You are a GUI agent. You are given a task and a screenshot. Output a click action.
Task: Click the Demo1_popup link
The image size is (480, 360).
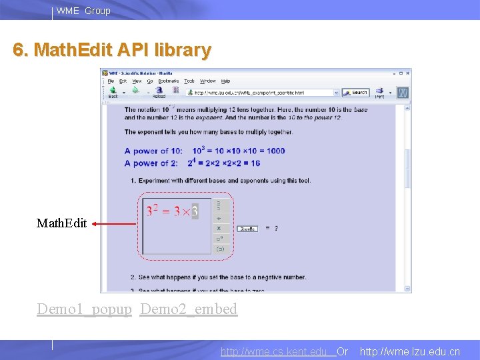point(84,309)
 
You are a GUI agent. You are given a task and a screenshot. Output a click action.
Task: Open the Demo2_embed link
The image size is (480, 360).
point(189,309)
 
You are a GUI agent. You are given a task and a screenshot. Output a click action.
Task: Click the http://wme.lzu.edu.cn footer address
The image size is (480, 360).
point(409,351)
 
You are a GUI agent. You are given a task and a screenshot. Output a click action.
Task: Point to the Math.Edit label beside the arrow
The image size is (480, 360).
point(61,224)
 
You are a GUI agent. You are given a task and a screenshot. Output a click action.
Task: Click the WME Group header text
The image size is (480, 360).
point(83,11)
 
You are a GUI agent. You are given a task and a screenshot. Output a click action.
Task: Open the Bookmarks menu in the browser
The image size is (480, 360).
point(169,81)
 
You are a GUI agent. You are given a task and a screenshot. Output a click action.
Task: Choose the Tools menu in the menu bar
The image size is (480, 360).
point(189,81)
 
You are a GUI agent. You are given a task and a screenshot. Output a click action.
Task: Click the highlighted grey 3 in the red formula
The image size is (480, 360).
point(195,212)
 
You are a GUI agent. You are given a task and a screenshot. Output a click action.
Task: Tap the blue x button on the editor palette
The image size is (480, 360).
point(219,228)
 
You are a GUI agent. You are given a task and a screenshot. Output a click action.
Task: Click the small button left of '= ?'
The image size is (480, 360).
point(247,229)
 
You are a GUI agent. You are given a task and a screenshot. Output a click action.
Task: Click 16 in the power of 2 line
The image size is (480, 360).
point(255,163)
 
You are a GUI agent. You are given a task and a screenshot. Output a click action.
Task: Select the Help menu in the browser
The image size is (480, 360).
point(225,81)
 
